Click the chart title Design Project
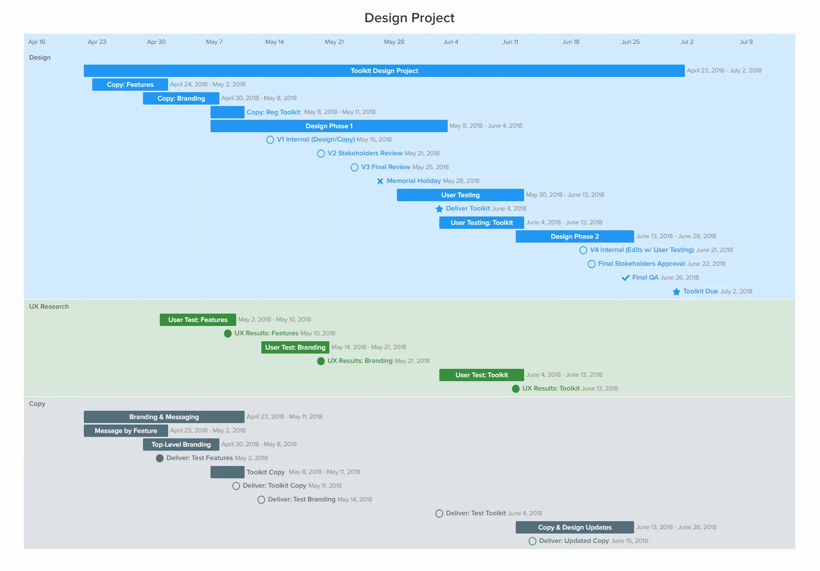coord(409,18)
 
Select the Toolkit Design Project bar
coord(384,71)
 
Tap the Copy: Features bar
coord(130,84)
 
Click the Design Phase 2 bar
coord(574,236)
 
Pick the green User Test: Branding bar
coord(295,347)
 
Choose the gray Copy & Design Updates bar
coord(574,527)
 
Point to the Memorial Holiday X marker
coord(380,181)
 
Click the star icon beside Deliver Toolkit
coord(439,209)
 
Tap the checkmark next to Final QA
coord(625,278)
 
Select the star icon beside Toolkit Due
coord(677,291)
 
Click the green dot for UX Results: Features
coord(228,333)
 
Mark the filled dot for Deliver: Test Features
coord(160,458)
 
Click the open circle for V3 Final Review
coord(355,167)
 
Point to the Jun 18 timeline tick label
coord(570,42)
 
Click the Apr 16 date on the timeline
coord(36,42)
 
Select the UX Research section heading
coord(49,306)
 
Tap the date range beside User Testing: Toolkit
coord(564,222)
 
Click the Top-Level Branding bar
coord(181,444)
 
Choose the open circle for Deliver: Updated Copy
coord(533,541)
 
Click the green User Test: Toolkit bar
coord(481,375)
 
